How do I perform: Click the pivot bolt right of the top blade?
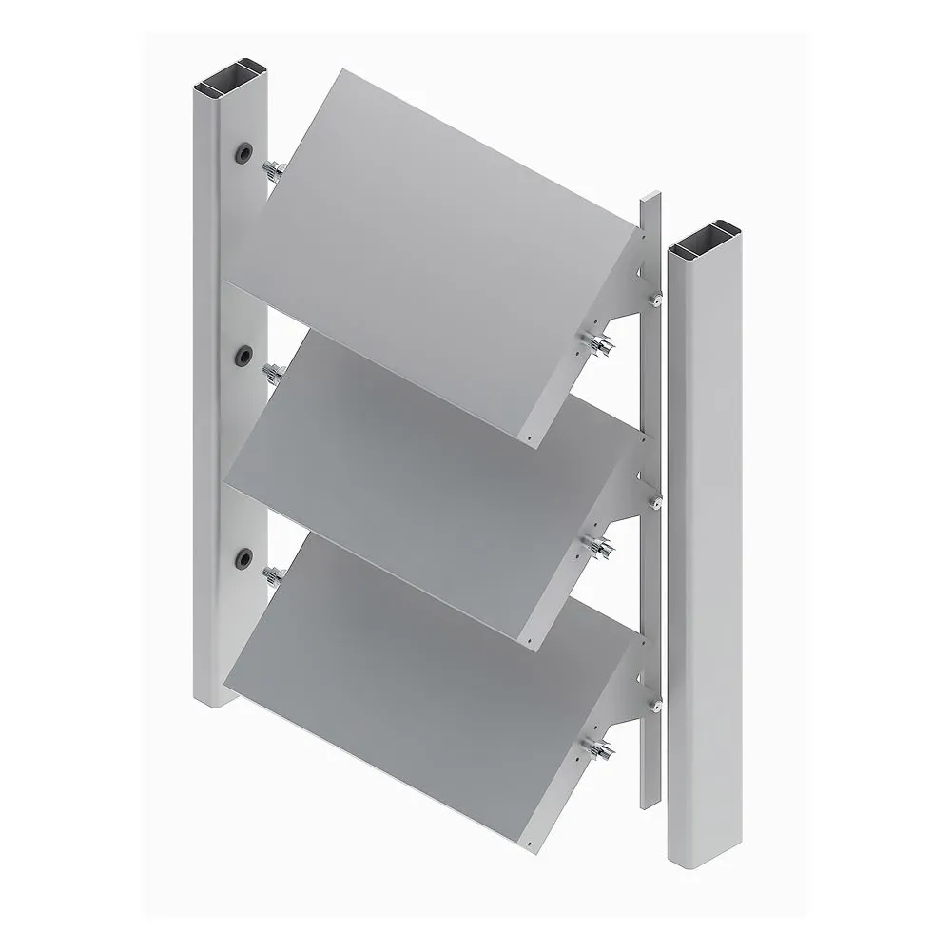pos(601,343)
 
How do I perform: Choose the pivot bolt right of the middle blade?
pos(601,547)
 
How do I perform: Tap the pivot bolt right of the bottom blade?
pos(601,750)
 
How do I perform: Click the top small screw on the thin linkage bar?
pos(655,300)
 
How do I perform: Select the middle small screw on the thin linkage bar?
pos(655,503)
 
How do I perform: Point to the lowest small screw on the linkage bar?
pos(655,706)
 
